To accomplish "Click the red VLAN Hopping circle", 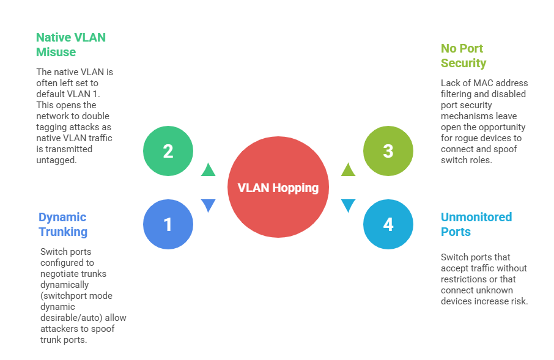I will pos(278,188).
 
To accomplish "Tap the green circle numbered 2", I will pos(168,151).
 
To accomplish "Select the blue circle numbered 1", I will pos(168,225).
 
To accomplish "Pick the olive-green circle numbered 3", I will pos(388,151).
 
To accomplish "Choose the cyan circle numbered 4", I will pos(388,225).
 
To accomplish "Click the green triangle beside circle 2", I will pos(209,170).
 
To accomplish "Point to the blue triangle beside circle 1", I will pos(209,205).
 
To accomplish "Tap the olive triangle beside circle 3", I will pos(348,170).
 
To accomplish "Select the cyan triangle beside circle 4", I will pos(348,205).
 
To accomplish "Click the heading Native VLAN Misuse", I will pos(70,45).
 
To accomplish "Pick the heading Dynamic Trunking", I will pos(62,224).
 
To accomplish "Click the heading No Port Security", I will pos(464,56).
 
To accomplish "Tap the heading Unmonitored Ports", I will pos(476,224).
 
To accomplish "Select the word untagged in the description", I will pos(56,160).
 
